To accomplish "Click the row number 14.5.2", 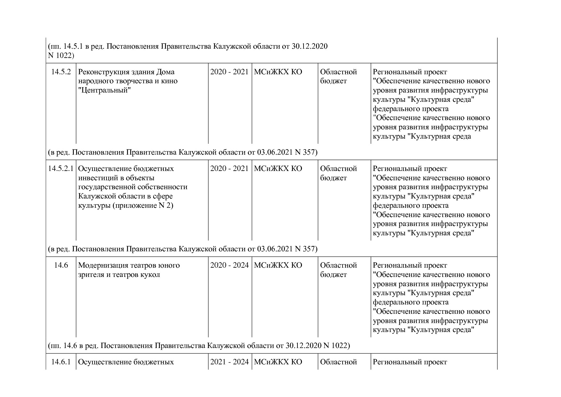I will (x=61, y=72).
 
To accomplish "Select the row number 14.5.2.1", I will (x=61, y=169).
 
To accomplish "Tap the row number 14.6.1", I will (x=61, y=362).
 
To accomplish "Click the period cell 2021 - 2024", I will (x=229, y=362).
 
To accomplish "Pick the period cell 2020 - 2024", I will (x=229, y=265).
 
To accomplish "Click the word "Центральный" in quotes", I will (x=105, y=90).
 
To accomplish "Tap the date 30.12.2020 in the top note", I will (x=309, y=46).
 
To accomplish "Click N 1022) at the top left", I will (x=61, y=56).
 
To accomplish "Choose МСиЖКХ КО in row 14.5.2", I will (x=278, y=72).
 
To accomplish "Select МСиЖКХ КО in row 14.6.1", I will (x=278, y=362).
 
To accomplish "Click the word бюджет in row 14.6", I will (x=333, y=275).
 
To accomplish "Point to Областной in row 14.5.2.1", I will (x=338, y=169).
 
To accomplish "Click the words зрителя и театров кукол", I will (x=119, y=275).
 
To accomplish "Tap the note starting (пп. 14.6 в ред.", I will (x=199, y=346).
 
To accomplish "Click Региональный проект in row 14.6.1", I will (x=410, y=362).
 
